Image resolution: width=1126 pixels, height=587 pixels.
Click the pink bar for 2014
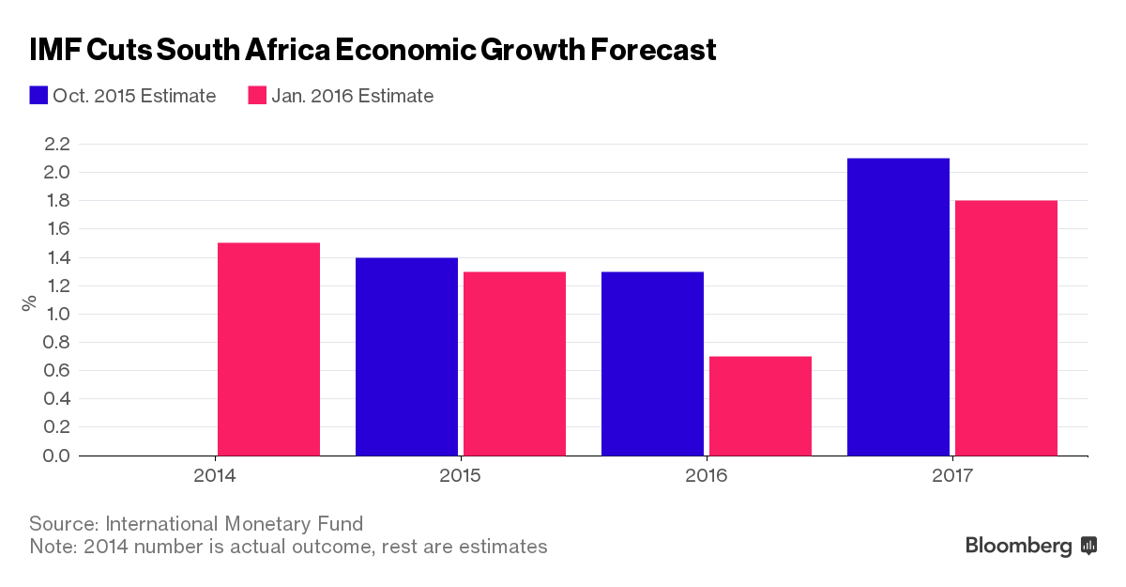coord(268,349)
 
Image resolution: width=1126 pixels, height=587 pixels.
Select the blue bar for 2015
coord(406,357)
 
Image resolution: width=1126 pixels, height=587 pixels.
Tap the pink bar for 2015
coord(514,363)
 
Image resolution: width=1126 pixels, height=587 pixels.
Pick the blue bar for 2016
coord(652,363)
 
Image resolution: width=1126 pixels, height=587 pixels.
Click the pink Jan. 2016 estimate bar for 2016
coord(760,406)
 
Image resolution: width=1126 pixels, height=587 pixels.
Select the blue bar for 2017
coord(898,307)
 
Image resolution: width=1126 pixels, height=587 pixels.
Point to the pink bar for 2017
coord(1006,328)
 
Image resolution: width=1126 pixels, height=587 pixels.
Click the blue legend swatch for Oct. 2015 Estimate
coord(38,96)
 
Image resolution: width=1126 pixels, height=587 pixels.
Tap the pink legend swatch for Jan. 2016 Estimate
coord(258,96)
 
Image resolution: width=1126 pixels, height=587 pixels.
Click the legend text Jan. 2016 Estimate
coord(353,96)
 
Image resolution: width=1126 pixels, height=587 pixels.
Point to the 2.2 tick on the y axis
coord(56,144)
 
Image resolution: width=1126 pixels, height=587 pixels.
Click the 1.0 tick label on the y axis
coord(56,314)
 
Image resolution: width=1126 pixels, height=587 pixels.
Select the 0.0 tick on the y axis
coord(56,456)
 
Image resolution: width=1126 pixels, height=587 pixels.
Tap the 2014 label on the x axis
coord(214,476)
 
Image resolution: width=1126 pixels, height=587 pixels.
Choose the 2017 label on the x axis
coord(952,476)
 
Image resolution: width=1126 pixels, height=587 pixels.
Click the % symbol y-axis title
coord(29,302)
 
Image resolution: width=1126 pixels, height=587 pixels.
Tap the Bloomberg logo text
coord(1018,546)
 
